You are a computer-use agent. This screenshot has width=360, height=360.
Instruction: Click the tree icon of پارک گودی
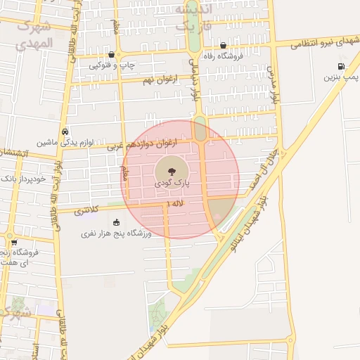pyautogui.click(x=169, y=169)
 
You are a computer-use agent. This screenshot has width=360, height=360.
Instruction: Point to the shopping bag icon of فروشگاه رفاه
pyautogui.click(x=223, y=46)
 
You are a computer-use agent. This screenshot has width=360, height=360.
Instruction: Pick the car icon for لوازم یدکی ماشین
pyautogui.click(x=65, y=131)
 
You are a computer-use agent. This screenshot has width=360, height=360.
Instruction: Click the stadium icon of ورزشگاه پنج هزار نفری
pyautogui.click(x=116, y=222)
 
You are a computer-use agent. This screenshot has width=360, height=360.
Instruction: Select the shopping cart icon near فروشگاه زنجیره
pyautogui.click(x=14, y=243)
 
